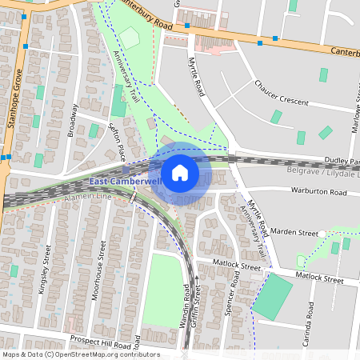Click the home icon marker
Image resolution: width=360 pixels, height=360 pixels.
point(180,172)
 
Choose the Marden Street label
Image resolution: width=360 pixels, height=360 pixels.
point(294,233)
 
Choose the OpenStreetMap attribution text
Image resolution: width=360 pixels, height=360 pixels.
point(80,354)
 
